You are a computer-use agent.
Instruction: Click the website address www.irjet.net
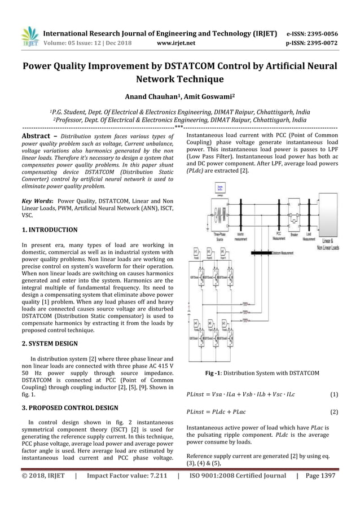[x=177, y=42]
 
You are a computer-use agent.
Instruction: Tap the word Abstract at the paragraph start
[x=38, y=137]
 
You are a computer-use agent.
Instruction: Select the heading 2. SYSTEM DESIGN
[x=50, y=343]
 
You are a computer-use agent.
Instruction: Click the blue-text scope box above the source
[x=219, y=189]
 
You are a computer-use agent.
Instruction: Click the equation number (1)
[x=333, y=394]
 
